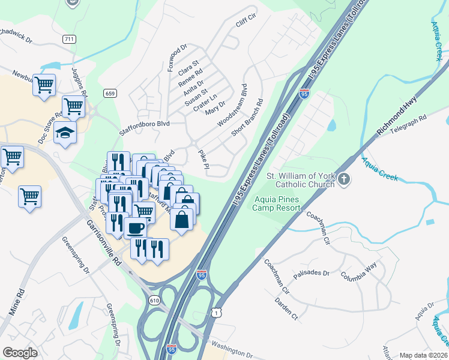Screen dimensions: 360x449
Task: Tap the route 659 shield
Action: (109, 93)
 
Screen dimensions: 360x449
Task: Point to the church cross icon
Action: (343, 179)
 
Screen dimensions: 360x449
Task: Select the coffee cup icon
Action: (136, 229)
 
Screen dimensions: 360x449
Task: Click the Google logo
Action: (20, 352)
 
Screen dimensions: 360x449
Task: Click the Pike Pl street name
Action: (203, 159)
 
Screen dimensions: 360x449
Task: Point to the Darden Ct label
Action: (286, 307)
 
